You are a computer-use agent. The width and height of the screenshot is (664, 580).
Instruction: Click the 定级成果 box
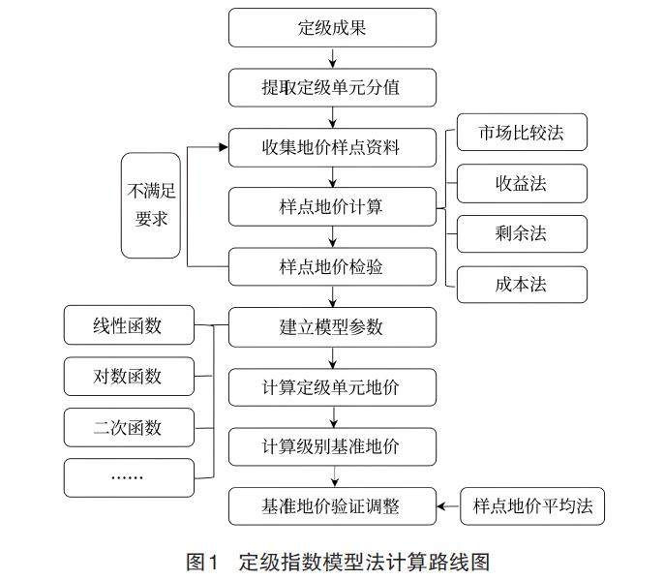(x=331, y=28)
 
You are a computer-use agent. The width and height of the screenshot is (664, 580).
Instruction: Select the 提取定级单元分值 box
(x=331, y=88)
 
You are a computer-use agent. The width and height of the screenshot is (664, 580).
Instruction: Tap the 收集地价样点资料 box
(x=331, y=148)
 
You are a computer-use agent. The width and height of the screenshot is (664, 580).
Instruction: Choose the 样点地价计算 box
(x=331, y=207)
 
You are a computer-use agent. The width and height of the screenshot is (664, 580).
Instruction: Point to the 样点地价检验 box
(x=331, y=266)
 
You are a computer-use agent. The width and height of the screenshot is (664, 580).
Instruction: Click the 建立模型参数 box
(x=331, y=326)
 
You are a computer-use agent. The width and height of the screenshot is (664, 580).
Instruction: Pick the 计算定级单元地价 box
(x=331, y=386)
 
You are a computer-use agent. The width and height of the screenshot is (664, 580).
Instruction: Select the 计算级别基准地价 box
(x=331, y=446)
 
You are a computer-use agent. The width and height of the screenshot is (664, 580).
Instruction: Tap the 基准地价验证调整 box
(x=331, y=505)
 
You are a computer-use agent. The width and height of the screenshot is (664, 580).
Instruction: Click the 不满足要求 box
(x=151, y=205)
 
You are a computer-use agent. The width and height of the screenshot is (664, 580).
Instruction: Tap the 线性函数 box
(x=128, y=325)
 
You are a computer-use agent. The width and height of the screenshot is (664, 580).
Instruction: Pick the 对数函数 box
(x=128, y=377)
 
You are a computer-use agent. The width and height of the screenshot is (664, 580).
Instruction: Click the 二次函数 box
(x=128, y=427)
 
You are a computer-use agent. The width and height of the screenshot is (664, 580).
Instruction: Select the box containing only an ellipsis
(x=128, y=476)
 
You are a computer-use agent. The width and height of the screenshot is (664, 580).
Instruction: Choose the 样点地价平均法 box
(x=531, y=505)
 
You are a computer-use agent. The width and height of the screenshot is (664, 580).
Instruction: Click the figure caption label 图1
(x=204, y=560)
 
